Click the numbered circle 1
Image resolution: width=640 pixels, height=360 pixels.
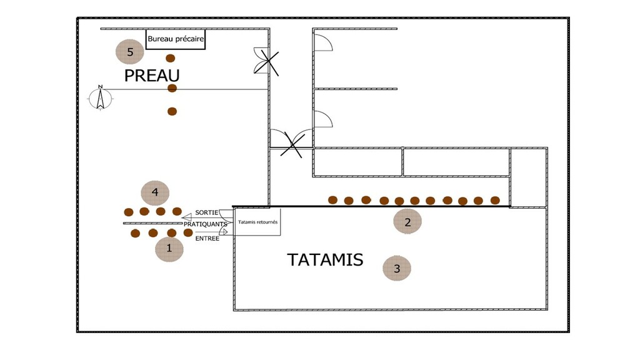tap(169, 248)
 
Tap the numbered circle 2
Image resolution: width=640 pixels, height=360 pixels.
tap(407, 221)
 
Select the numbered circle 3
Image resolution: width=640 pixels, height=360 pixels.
tap(397, 268)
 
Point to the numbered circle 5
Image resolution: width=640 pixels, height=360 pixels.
tap(130, 51)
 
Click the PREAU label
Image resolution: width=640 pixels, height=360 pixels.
tap(152, 76)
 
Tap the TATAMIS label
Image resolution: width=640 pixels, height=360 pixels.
tap(325, 259)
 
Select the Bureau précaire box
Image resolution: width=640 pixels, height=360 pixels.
tap(176, 39)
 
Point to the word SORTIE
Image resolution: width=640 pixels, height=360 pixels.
tap(207, 212)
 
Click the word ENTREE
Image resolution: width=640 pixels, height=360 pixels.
tap(207, 238)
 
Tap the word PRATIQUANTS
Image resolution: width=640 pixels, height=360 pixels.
tap(206, 224)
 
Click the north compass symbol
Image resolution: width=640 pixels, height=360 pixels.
tap(99, 97)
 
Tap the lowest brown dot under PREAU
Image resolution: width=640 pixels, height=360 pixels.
tap(172, 111)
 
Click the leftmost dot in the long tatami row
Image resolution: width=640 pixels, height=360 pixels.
tap(333, 200)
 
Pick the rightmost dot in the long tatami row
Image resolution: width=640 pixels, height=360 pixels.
tap(495, 200)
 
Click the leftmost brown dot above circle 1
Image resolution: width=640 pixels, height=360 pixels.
tap(135, 233)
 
